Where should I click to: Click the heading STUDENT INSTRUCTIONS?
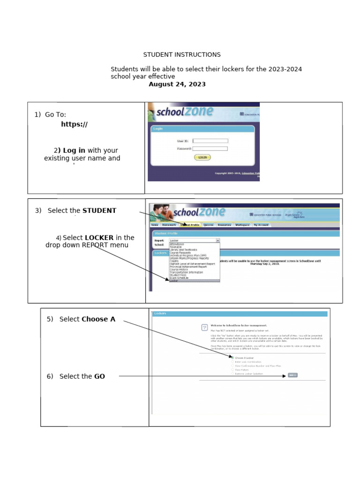(182, 55)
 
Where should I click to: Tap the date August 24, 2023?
(177, 84)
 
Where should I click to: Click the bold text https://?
(74, 124)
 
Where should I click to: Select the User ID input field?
(210, 141)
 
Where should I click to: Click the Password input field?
(210, 149)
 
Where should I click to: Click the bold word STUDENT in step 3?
(99, 210)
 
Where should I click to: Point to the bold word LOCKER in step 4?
(99, 238)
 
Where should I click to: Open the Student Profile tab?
(189, 225)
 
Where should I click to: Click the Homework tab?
(169, 225)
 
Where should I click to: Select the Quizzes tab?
(209, 225)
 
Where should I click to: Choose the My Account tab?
(261, 225)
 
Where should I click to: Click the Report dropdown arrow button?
(217, 240)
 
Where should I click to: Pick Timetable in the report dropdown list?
(177, 247)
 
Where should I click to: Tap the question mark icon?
(204, 328)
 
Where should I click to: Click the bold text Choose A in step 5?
(98, 319)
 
